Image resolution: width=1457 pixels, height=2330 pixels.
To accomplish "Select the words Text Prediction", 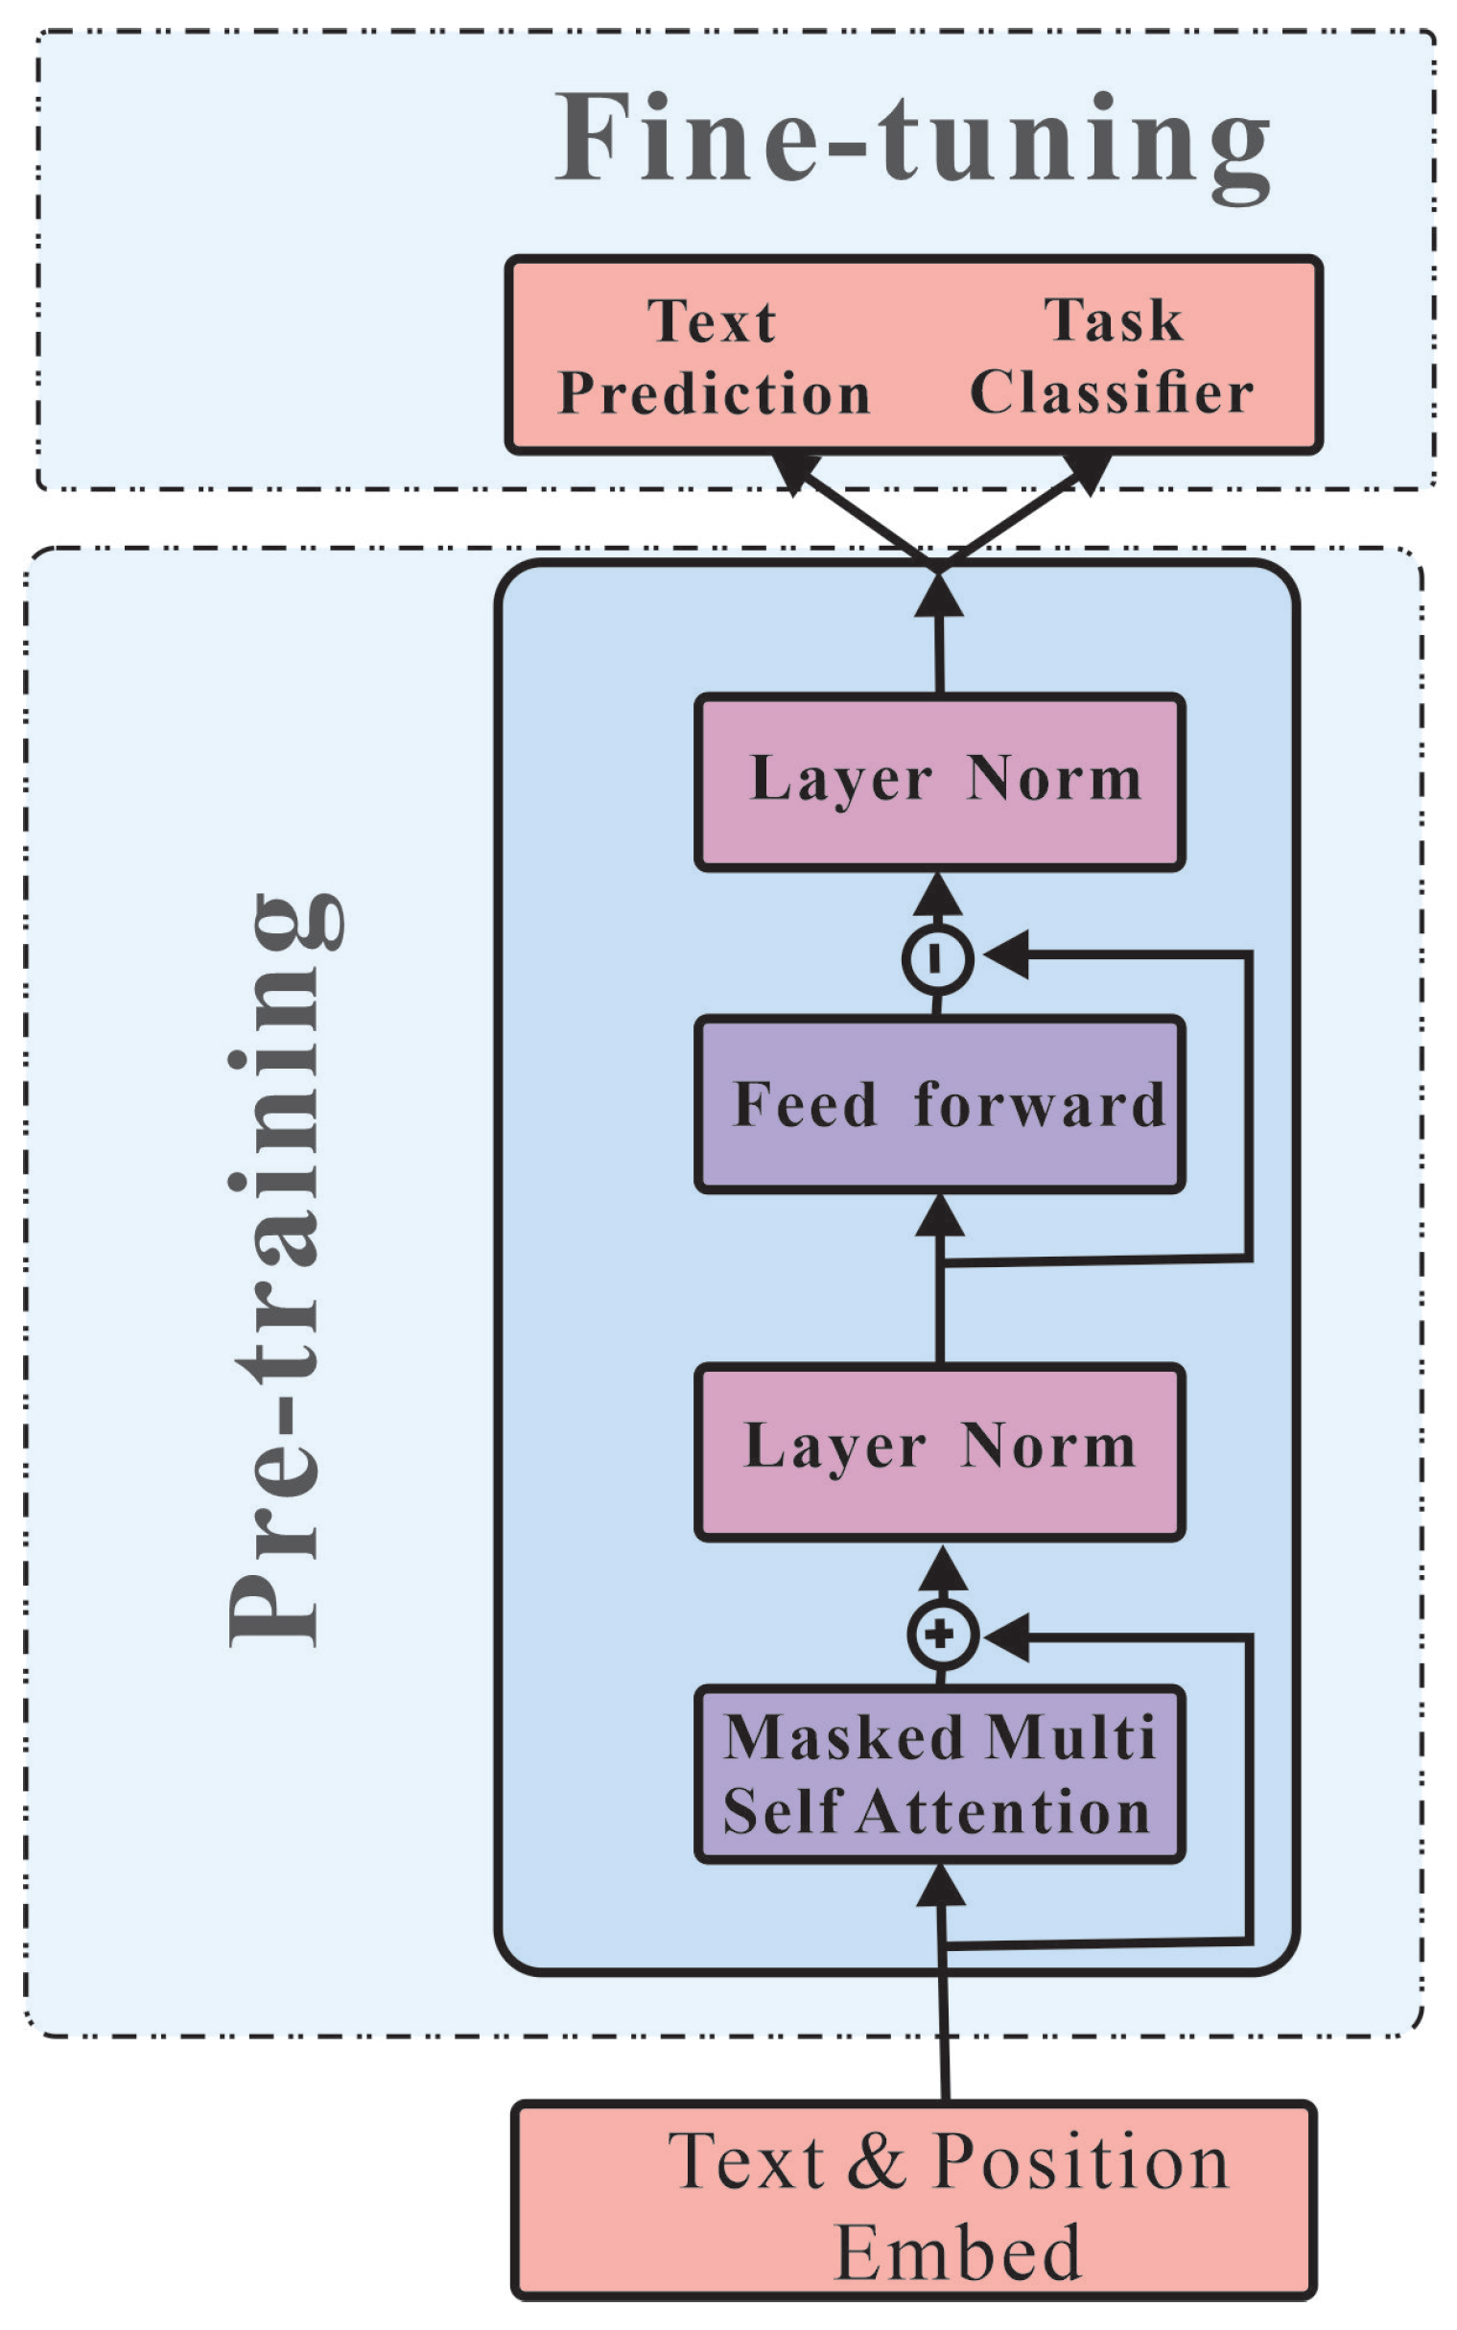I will click(x=714, y=358).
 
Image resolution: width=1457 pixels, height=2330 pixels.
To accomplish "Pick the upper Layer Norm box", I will click(x=939, y=782).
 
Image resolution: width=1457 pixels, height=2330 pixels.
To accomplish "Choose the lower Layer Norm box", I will click(x=939, y=1449).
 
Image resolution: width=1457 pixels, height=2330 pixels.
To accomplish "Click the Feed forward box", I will click(x=939, y=1104).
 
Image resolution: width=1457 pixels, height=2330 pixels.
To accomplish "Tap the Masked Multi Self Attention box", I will click(x=939, y=1774).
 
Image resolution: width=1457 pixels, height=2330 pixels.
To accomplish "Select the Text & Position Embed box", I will click(x=912, y=2201).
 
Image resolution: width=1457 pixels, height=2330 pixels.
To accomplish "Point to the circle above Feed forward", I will click(x=936, y=958).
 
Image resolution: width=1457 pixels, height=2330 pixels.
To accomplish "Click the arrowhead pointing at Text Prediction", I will click(x=794, y=471).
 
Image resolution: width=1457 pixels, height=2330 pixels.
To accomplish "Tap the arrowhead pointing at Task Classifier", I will click(x=1086, y=471).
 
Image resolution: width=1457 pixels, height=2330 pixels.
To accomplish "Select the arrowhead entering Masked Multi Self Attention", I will click(x=941, y=1887).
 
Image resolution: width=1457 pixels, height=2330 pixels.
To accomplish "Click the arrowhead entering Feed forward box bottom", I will click(x=940, y=1216).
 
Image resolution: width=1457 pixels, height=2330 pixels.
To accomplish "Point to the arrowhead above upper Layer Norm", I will click(x=939, y=597).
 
